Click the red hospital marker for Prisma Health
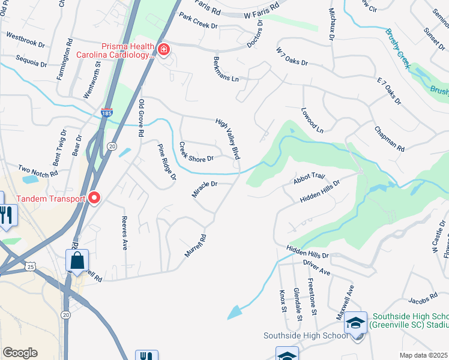[x=163, y=50]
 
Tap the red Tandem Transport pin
[x=93, y=197]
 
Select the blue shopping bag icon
[x=77, y=261]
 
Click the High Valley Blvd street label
[x=229, y=139]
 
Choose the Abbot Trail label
[x=309, y=176]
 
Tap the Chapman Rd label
[x=389, y=139]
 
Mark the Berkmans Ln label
[x=226, y=70]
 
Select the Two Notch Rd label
[x=38, y=170]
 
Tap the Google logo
[x=20, y=353]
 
